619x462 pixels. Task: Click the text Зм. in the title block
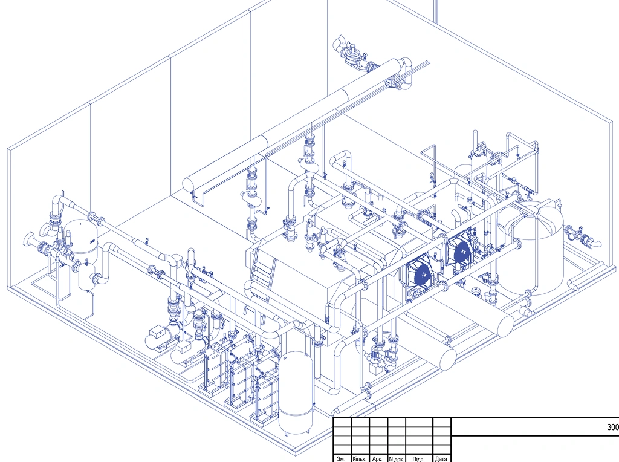(342, 459)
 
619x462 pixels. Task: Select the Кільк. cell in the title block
(360, 459)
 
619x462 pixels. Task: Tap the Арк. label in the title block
(377, 459)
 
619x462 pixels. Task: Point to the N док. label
(397, 459)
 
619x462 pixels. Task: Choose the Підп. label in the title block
(418, 459)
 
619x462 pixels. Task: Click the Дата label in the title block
(441, 459)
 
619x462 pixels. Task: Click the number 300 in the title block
(613, 427)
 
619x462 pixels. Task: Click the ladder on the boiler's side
(260, 281)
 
